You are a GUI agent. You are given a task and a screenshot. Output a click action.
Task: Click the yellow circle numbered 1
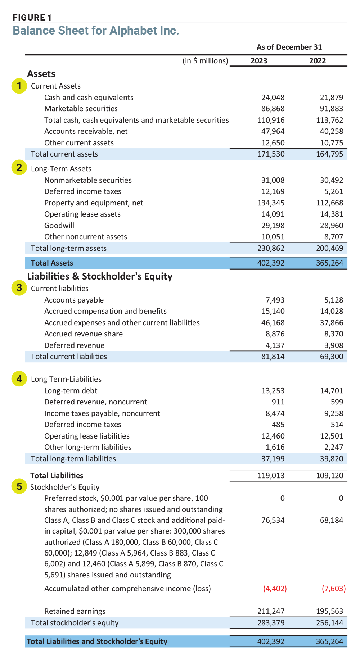[x=19, y=86]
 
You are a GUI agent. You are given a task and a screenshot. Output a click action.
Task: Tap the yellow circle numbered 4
[x=19, y=379]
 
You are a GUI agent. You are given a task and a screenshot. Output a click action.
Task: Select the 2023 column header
[x=259, y=61]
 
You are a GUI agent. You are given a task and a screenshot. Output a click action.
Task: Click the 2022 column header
[x=318, y=61]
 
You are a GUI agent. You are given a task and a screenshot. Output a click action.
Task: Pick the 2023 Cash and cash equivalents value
[x=273, y=98]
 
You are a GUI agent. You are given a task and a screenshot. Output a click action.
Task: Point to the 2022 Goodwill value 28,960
[x=332, y=226]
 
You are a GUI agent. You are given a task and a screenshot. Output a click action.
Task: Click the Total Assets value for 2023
[x=271, y=263]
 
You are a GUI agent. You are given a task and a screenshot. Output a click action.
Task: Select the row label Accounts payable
[x=74, y=300]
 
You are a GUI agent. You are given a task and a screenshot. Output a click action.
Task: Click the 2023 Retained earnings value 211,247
[x=271, y=611]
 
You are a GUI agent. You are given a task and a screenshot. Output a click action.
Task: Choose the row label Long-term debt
[x=71, y=391]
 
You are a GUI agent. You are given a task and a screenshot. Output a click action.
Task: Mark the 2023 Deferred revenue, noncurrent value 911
[x=278, y=402]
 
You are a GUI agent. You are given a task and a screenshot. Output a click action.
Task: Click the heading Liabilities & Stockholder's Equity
[x=100, y=276]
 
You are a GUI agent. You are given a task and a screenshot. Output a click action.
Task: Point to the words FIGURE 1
[x=32, y=18]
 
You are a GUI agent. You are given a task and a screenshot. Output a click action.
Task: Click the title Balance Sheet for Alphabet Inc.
[x=96, y=31]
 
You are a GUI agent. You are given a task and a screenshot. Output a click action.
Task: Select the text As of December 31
[x=289, y=47]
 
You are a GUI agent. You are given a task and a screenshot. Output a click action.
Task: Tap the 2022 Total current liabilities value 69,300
[x=332, y=357]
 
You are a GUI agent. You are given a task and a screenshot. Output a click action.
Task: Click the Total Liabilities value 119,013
[x=271, y=476]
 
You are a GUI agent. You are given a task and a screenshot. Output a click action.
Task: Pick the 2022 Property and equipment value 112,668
[x=329, y=203]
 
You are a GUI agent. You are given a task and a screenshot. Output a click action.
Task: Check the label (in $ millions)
[x=205, y=61]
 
